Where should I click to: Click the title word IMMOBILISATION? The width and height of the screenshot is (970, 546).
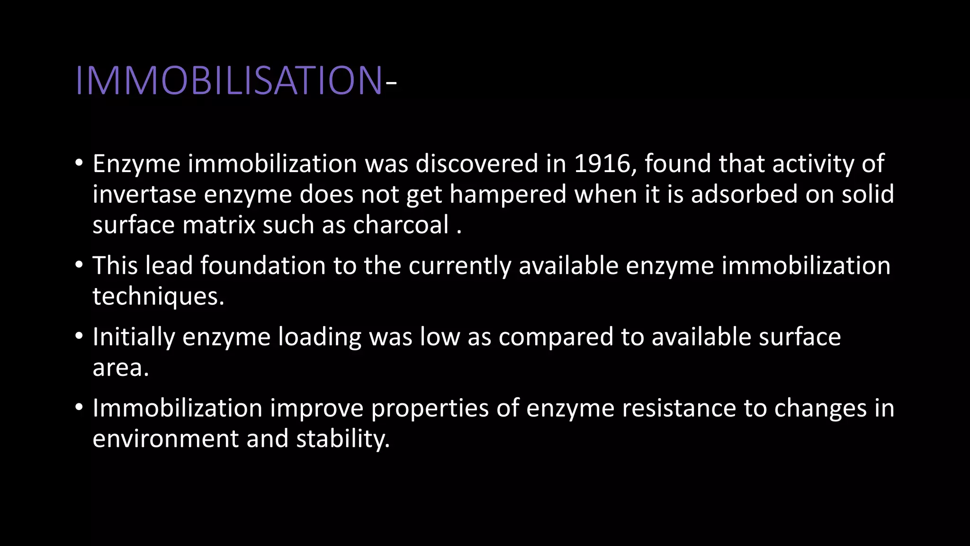[x=229, y=81]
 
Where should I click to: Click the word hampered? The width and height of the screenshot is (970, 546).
[x=508, y=195]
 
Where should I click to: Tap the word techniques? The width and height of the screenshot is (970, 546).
[x=158, y=297]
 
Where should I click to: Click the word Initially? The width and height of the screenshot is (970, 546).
[x=134, y=337]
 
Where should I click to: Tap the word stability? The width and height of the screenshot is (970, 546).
[x=343, y=439]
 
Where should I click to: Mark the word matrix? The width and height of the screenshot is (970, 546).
[x=219, y=225]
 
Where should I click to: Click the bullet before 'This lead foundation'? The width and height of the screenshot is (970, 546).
[x=79, y=264]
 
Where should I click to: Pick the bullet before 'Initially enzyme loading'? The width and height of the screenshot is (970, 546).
[x=79, y=336]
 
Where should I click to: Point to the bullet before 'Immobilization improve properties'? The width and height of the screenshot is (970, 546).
[x=79, y=407]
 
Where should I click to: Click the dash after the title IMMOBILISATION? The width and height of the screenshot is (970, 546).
[x=391, y=84]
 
